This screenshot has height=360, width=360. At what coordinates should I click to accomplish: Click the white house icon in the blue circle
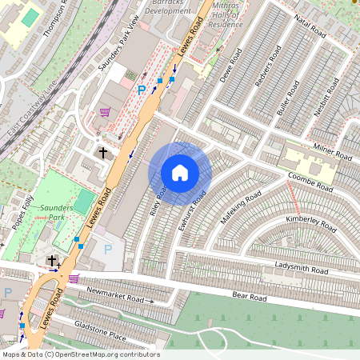(x=180, y=172)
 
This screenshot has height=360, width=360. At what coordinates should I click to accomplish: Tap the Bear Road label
(x=250, y=296)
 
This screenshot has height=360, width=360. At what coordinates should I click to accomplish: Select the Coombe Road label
(x=310, y=182)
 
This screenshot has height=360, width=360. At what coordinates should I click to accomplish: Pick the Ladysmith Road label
(x=301, y=268)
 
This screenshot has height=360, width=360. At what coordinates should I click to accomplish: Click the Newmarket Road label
(x=114, y=294)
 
